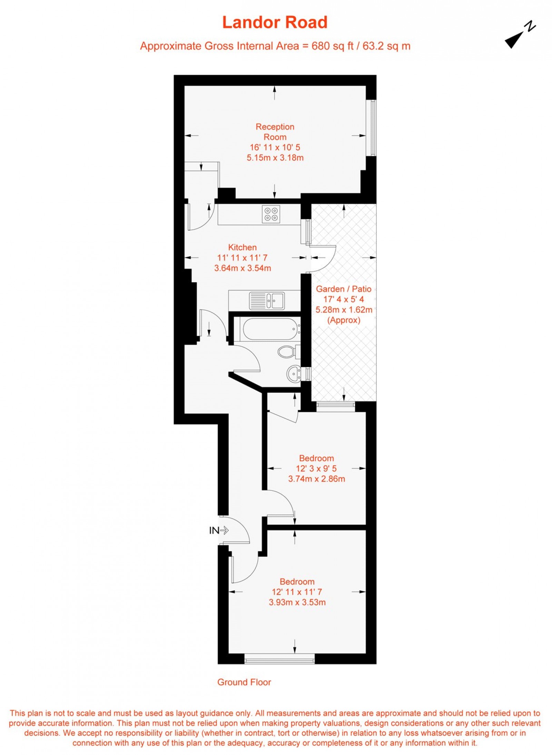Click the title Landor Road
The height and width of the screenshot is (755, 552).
point(275,22)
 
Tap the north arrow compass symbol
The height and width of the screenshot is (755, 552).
point(520,35)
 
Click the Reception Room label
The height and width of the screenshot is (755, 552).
point(275,132)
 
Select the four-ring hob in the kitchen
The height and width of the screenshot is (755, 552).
point(271,214)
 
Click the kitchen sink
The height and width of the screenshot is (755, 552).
point(267,300)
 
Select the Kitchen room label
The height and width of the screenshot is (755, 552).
point(242,247)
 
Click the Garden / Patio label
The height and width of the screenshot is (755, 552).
point(344,289)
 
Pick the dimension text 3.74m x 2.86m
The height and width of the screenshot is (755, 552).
point(316,479)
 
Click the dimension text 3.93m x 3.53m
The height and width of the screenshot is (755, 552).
point(297,602)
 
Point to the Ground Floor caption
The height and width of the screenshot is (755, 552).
point(244,682)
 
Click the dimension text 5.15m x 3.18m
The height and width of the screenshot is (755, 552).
point(275,158)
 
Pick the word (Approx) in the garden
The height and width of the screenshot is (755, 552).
point(344,320)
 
